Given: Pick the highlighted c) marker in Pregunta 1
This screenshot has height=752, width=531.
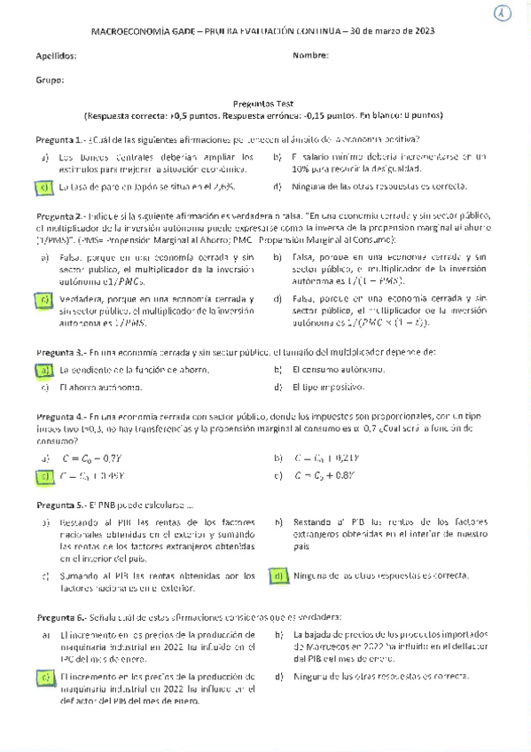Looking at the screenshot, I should click(43, 187).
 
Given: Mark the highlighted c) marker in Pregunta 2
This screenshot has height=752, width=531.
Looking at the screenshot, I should click(43, 300).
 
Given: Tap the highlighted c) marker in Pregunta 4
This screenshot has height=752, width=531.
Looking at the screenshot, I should click(43, 475).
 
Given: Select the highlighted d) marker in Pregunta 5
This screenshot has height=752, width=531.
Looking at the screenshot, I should click(277, 576).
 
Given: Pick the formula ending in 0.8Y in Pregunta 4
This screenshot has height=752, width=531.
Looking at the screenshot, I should click(324, 475).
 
